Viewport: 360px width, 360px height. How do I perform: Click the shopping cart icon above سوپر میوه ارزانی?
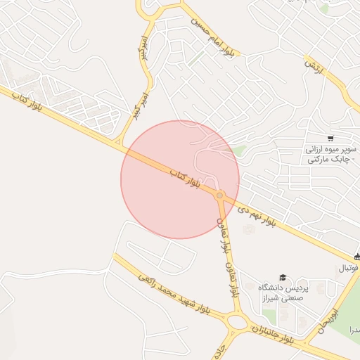click(x=330, y=138)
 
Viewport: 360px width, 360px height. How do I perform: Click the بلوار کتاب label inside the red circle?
click(x=185, y=179)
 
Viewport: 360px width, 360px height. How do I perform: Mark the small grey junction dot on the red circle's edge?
click(x=220, y=195)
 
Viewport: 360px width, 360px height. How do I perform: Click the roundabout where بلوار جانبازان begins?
click(x=238, y=323)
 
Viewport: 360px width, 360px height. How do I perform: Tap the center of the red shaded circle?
click(x=180, y=179)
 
